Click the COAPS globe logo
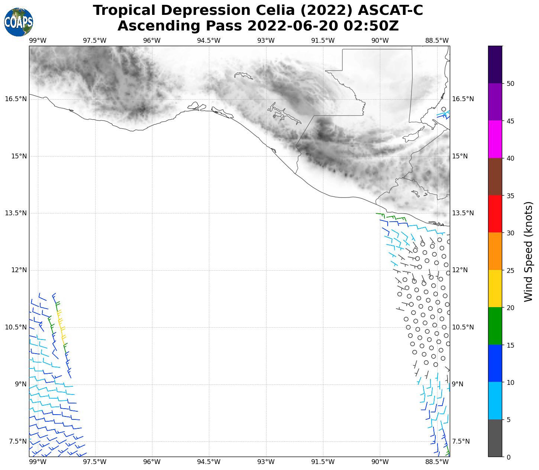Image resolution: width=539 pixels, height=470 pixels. click(x=19, y=22)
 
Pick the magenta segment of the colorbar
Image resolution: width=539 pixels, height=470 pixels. click(x=495, y=139)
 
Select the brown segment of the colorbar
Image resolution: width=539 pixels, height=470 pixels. click(x=495, y=177)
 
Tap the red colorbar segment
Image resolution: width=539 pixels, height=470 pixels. click(x=495, y=214)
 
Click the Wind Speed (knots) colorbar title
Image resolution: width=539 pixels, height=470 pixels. click(x=528, y=252)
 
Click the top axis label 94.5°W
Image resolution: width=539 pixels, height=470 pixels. click(x=209, y=41)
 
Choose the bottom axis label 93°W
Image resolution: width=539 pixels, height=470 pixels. click(x=266, y=462)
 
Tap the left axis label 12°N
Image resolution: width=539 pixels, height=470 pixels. click(x=19, y=270)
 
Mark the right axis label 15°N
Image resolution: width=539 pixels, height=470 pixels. click(x=460, y=156)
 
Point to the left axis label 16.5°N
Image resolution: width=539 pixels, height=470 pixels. click(x=16, y=99)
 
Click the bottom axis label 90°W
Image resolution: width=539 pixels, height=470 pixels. click(x=380, y=462)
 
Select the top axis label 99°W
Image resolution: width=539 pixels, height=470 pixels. click(x=38, y=41)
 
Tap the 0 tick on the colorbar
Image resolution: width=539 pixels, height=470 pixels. click(x=508, y=457)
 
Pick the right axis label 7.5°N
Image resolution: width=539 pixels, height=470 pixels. click(x=461, y=441)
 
